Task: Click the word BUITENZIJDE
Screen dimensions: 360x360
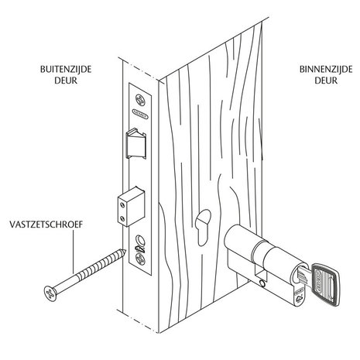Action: (x=66, y=68)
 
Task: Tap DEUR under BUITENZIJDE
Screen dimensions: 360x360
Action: (x=66, y=80)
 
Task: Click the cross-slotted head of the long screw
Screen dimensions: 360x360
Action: (x=48, y=293)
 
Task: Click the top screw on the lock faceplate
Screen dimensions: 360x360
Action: (x=139, y=99)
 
